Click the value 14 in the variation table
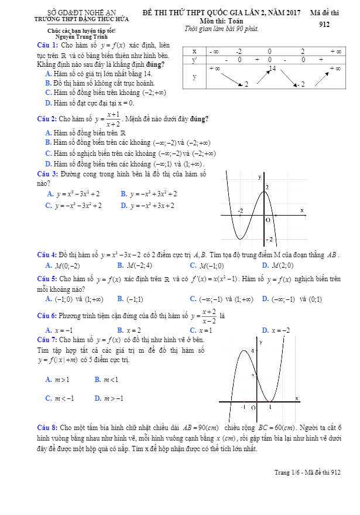[x=272, y=69]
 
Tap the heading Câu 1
[x=47, y=45]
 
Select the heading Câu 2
[x=47, y=119]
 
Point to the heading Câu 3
[x=47, y=174]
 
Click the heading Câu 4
[x=47, y=255]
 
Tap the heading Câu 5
[x=47, y=279]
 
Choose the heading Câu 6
[x=47, y=315]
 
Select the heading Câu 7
[x=47, y=340]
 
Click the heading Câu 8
[x=47, y=428]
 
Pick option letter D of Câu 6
[x=265, y=330]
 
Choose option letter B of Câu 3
[x=124, y=194]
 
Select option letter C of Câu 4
[x=193, y=265]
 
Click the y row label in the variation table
[x=194, y=77]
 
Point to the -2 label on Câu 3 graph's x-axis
[x=240, y=210]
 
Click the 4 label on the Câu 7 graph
[x=253, y=351]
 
